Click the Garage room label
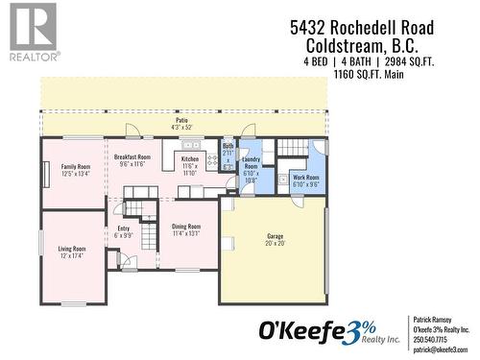(275, 235)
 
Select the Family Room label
(76, 167)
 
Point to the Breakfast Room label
(132, 156)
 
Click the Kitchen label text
(190, 158)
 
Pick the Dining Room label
(186, 227)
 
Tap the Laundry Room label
(252, 163)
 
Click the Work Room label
(306, 178)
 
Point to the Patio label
(181, 120)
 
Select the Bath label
(228, 146)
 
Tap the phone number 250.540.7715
(430, 339)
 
